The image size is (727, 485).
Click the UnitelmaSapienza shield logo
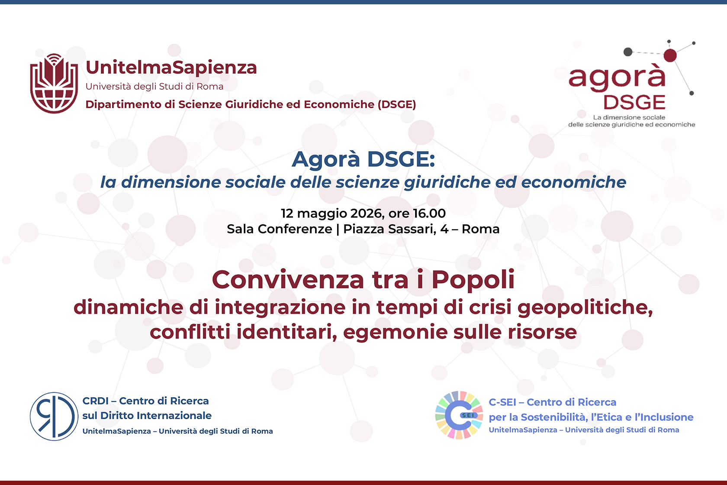[54, 83]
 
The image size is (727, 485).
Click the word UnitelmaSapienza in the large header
[171, 68]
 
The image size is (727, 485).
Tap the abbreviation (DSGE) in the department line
[397, 104]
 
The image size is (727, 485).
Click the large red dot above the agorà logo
[670, 55]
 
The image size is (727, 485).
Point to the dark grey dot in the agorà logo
[628, 52]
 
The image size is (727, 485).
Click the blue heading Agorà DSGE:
[363, 159]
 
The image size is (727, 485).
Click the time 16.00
[429, 213]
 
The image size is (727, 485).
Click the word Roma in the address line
[480, 229]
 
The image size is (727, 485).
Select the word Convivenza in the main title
[288, 279]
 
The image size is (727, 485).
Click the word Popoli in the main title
[473, 279]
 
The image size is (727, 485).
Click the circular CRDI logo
[54, 416]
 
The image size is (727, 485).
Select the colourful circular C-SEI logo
[459, 415]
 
